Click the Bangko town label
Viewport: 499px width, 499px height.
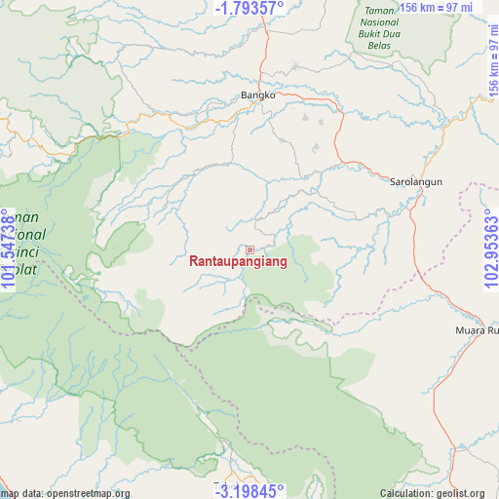pyautogui.click(x=258, y=96)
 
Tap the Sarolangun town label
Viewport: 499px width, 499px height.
pyautogui.click(x=416, y=181)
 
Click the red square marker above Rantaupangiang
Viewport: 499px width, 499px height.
pyautogui.click(x=249, y=249)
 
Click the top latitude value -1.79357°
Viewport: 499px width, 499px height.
pyautogui.click(x=249, y=10)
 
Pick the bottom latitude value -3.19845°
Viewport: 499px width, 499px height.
pyautogui.click(x=249, y=490)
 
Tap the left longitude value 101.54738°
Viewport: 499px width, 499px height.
pyautogui.click(x=9, y=249)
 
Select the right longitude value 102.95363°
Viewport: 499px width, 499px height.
pyautogui.click(x=489, y=249)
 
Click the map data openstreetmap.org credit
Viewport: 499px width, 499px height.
pyautogui.click(x=65, y=492)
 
